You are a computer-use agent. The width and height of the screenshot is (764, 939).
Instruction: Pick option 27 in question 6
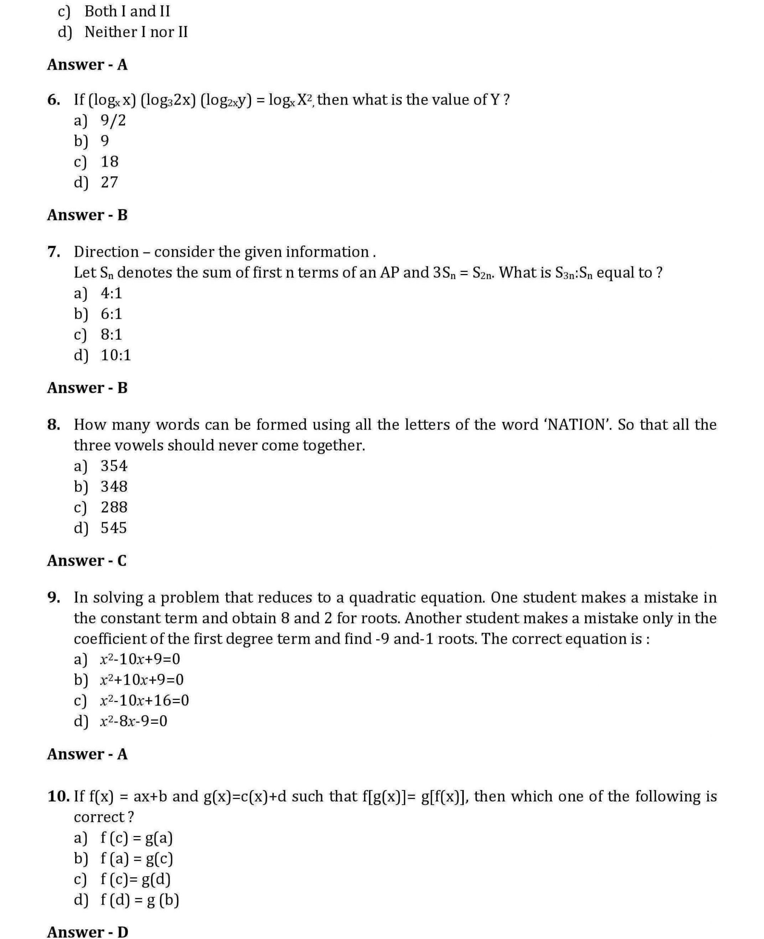[109, 182]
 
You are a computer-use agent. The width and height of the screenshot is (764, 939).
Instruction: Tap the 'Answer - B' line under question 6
[87, 215]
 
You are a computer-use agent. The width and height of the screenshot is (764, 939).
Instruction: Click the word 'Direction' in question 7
[106, 252]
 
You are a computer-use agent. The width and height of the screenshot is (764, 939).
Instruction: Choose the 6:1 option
[111, 314]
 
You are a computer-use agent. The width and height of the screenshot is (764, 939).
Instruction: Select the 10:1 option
[116, 355]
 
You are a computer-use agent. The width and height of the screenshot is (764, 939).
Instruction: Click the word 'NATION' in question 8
[577, 425]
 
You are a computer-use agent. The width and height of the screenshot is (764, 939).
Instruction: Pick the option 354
[114, 466]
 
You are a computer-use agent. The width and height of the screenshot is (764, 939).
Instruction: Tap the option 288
[114, 507]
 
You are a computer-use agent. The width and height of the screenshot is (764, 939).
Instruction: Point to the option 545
[114, 528]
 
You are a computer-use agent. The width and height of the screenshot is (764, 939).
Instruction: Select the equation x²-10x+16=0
[144, 700]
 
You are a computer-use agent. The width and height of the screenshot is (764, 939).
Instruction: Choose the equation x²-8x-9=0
[133, 721]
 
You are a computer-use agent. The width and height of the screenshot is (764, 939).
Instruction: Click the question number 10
[58, 796]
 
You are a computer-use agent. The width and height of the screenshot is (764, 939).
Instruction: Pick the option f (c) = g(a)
[136, 838]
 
